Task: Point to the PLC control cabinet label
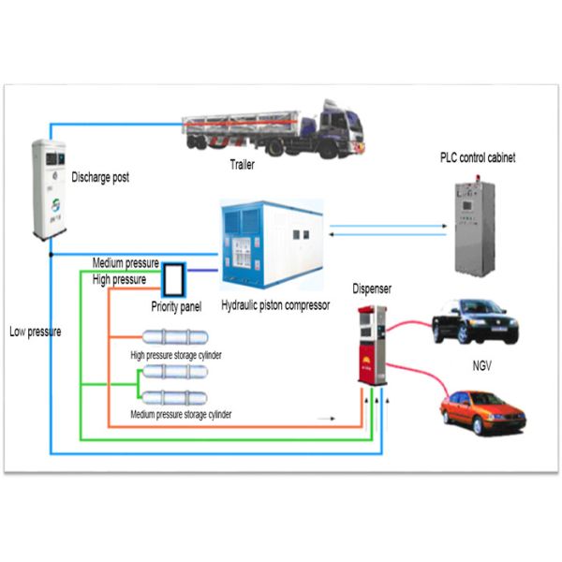[x=477, y=158]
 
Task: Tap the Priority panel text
[x=176, y=305]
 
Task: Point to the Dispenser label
[x=374, y=289]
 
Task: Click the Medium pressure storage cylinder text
[x=182, y=413]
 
